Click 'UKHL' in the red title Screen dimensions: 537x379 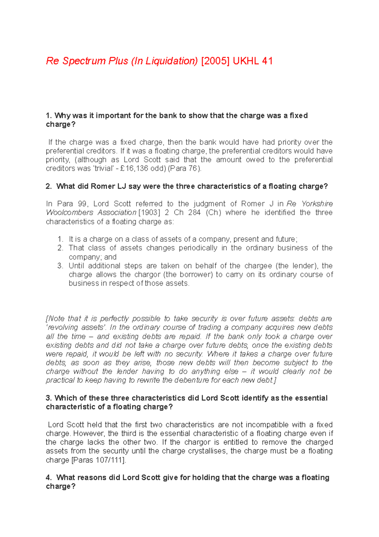[x=245, y=61]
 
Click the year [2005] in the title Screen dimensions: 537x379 [x=215, y=61]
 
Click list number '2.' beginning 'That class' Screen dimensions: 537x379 [x=61, y=248]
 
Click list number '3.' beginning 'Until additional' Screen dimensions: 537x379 [x=61, y=266]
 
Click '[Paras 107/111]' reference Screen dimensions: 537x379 [x=99, y=460]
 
